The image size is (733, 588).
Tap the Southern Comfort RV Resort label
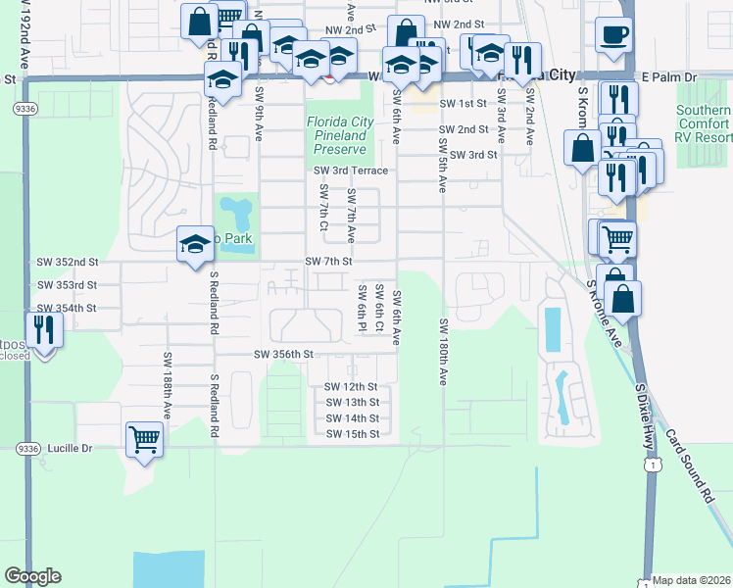(704, 124)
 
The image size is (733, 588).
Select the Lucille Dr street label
(67, 448)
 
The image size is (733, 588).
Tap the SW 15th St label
(352, 433)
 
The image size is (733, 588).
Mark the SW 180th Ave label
(444, 352)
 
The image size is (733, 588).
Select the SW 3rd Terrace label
(351, 171)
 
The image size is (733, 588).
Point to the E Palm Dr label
(668, 75)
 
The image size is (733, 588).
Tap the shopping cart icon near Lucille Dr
(145, 440)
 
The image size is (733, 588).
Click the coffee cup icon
(614, 35)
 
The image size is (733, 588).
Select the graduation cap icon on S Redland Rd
(195, 243)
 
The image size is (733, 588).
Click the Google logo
(32, 576)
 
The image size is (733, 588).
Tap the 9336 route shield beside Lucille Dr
(25, 448)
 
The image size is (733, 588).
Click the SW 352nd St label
(68, 262)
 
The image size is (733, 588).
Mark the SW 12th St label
(352, 387)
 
